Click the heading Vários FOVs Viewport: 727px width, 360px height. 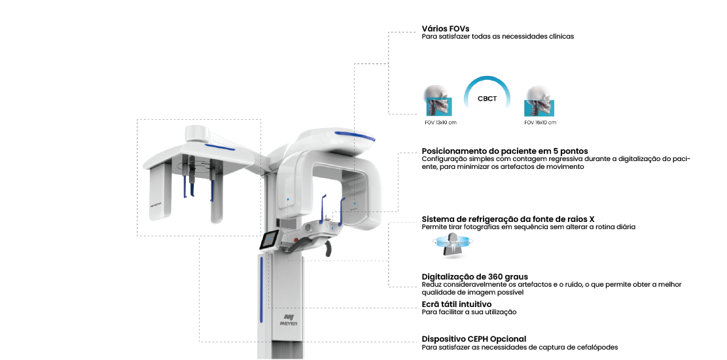tap(446, 29)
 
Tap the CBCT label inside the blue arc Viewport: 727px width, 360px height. tap(488, 98)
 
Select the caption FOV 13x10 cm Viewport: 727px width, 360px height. tap(440, 122)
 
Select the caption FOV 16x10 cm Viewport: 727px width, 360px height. tap(540, 122)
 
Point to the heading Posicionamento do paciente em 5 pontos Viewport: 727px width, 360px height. tap(505, 151)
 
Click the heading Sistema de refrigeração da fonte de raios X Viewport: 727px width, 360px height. tap(508, 219)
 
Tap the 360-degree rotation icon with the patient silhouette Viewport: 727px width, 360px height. tap(452, 244)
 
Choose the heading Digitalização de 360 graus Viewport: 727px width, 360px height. tap(475, 277)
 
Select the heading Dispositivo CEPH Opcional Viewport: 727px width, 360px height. tap(474, 339)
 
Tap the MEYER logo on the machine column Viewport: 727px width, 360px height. tap(289, 320)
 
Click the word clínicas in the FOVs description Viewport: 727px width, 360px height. tap(561, 36)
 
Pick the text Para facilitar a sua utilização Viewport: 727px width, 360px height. tap(469, 312)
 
